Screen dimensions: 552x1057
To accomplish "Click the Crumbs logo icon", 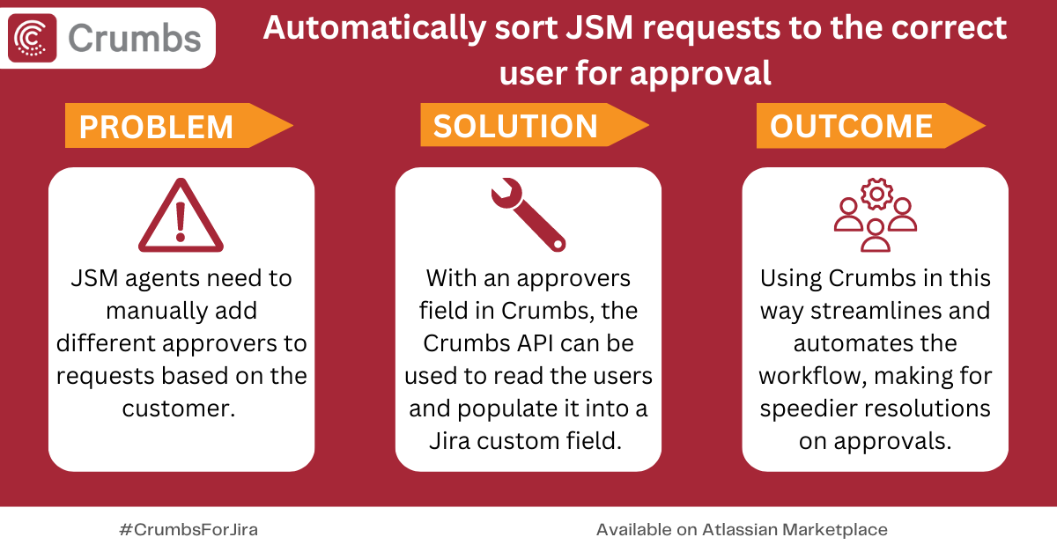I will click(x=33, y=37).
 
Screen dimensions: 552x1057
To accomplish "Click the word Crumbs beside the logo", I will click(x=134, y=38).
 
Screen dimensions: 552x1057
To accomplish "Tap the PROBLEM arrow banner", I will click(x=176, y=126).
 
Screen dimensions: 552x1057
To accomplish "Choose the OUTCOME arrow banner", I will click(x=869, y=126).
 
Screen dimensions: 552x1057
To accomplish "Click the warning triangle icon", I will click(x=181, y=216).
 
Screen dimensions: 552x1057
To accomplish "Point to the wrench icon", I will click(x=528, y=215).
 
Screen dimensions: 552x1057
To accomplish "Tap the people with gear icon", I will click(x=876, y=215).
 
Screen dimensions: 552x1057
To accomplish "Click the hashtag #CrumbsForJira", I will click(x=188, y=530).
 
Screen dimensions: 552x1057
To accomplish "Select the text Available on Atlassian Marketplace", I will click(x=742, y=530).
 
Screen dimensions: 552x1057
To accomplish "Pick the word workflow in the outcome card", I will click(x=809, y=376).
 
